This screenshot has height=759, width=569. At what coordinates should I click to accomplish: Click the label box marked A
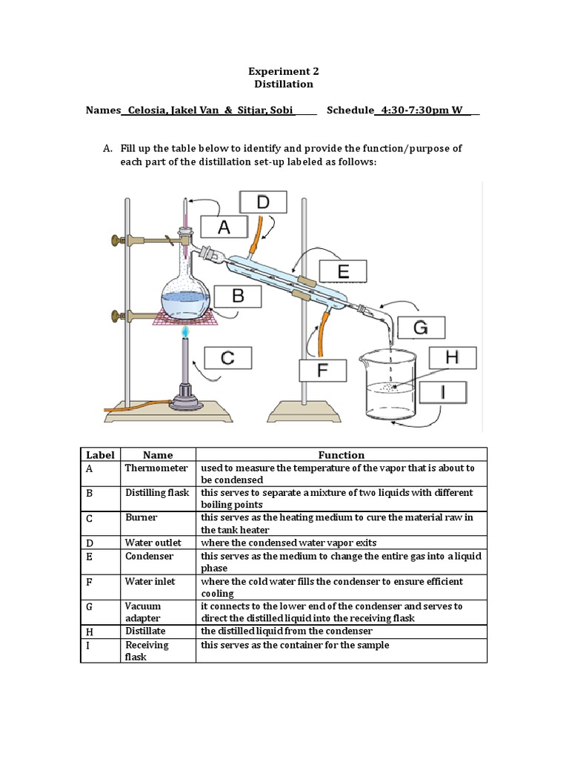coord(224,228)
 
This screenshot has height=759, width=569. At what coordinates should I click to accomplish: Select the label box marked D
coord(262,202)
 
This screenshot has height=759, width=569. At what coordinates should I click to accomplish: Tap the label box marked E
coord(343,272)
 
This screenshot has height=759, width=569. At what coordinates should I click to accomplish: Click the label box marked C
coord(228,359)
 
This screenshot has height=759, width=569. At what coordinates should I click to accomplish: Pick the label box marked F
coord(322,370)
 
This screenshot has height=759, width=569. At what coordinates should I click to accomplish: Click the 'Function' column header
coord(341,454)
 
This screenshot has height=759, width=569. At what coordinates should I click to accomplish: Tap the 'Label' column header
coord(100,454)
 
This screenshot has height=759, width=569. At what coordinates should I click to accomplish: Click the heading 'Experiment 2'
coord(283,71)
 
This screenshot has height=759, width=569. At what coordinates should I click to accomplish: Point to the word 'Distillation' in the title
coord(283,84)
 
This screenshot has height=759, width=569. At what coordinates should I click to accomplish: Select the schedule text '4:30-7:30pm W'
coord(422,110)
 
